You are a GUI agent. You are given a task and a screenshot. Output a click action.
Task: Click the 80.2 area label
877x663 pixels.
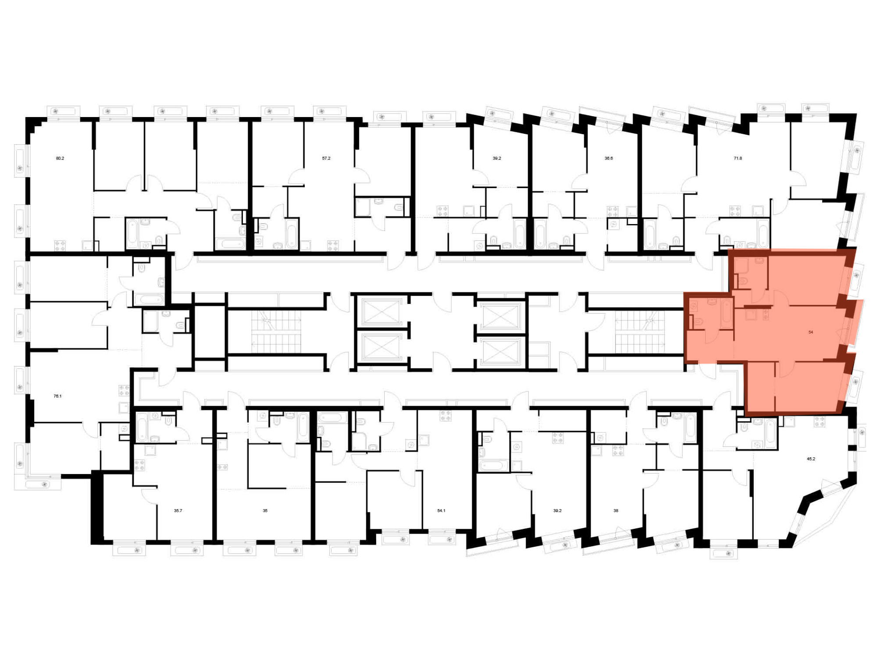click(60, 158)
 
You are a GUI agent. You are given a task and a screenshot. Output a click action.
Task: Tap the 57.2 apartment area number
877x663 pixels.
click(326, 158)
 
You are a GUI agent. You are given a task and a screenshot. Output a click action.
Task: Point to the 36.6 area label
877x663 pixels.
click(609, 158)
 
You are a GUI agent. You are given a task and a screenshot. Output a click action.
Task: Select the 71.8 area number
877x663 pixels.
click(738, 158)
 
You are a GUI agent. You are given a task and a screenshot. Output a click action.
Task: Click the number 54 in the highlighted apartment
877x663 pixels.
click(811, 332)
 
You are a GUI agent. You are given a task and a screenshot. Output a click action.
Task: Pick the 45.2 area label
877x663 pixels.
click(811, 459)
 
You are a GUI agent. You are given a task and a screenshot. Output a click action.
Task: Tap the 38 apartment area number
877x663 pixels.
click(616, 511)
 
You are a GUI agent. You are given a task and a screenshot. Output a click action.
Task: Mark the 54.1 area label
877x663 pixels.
click(441, 511)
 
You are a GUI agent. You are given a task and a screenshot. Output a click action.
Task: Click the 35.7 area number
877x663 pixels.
click(178, 511)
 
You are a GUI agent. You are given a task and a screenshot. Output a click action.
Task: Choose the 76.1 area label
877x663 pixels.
click(57, 396)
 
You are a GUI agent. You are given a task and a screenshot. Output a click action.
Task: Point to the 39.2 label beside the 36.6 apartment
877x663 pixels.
click(497, 158)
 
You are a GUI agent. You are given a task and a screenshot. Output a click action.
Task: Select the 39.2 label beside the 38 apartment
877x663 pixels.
click(557, 511)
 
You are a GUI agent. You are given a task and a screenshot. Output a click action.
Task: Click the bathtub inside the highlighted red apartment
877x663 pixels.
click(727, 313)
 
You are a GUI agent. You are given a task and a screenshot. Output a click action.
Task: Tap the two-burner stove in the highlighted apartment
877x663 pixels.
click(766, 314)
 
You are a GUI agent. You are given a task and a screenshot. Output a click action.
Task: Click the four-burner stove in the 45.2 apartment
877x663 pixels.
click(820, 422)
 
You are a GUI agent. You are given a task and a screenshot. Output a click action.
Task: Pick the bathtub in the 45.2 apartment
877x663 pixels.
click(770, 433)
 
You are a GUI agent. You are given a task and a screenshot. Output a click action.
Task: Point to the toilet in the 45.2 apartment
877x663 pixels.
click(744, 425)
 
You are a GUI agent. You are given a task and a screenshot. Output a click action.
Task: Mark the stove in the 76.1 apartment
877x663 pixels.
click(125, 390)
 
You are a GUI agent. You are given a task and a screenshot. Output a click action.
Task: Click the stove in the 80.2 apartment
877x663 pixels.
click(60, 246)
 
